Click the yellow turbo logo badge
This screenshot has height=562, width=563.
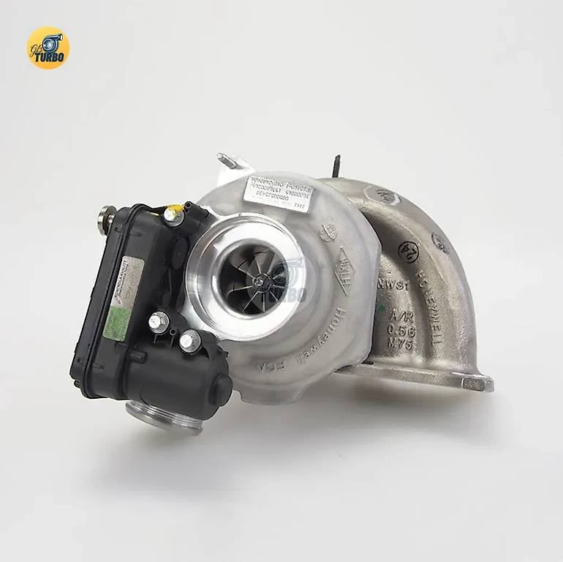[48, 48]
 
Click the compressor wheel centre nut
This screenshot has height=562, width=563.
[258, 279]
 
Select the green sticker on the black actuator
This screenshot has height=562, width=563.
[116, 321]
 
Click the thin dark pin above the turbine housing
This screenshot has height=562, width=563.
[336, 166]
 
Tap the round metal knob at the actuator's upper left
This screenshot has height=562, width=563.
[107, 219]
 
